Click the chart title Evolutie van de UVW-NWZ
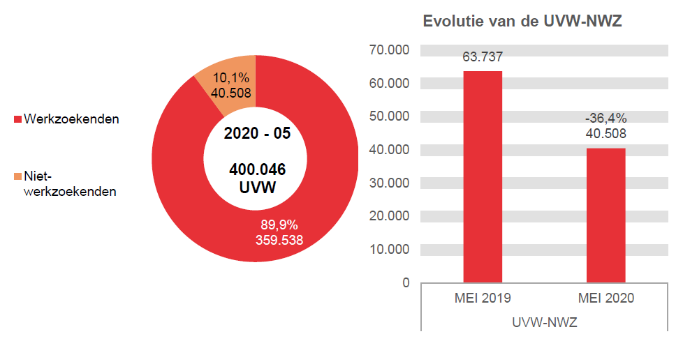point(522,22)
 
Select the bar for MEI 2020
point(605,215)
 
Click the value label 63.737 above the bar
point(483,57)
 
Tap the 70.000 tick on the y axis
point(389,50)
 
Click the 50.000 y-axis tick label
point(389,116)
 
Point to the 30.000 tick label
point(389,183)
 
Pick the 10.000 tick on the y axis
point(389,249)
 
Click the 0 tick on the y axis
point(405,282)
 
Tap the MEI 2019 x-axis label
point(483,298)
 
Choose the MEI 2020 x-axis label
point(605,298)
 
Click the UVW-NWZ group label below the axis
point(544,323)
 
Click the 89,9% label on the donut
point(279,225)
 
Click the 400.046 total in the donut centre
point(257,169)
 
